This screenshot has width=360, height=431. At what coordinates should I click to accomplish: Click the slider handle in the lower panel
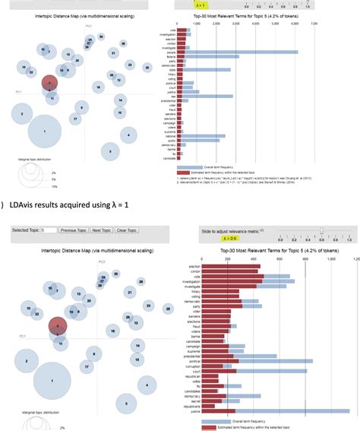pyautogui.click(x=321, y=229)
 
